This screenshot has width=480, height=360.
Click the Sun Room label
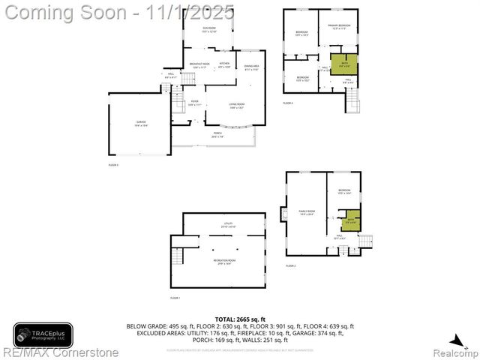208,31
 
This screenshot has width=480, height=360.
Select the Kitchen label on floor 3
223,65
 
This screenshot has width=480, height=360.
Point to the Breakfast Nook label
199,65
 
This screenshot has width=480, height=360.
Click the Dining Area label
251,68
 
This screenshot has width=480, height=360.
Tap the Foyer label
194,103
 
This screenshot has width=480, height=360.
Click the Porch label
217,135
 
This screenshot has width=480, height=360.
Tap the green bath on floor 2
351,222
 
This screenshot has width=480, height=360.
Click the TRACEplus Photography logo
43,334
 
